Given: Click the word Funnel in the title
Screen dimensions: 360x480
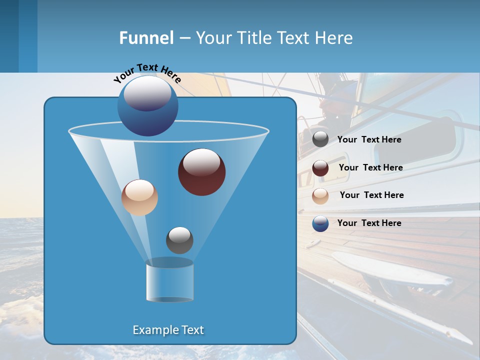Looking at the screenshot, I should tap(146, 38).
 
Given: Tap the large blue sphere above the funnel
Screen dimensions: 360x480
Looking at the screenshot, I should tap(147, 105).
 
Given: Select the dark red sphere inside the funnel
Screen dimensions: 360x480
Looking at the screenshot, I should tap(201, 171).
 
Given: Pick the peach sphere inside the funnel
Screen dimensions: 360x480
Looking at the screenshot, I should tap(139, 197).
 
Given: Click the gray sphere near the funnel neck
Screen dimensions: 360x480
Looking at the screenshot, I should tap(179, 240).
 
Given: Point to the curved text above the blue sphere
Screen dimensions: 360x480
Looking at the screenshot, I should tap(147, 72).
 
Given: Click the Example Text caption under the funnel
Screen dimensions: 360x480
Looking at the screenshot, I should tap(168, 330).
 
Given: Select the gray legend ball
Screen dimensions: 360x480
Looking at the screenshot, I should tap(320, 139).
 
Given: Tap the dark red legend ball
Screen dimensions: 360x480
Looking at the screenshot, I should tap(320, 168).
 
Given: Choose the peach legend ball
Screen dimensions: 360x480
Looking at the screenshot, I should tap(320, 196).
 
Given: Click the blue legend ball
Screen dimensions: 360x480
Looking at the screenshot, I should tap(320, 223).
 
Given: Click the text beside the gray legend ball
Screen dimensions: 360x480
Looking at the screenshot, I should tap(369, 140).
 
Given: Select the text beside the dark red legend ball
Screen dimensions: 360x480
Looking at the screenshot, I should tap(370, 167).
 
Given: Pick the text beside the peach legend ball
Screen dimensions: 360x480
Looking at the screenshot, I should tap(371, 195).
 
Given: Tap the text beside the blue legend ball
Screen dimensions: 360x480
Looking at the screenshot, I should tap(369, 223).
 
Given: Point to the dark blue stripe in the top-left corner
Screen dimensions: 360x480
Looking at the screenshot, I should tap(9, 36).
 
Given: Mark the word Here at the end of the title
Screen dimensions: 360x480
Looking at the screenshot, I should tap(334, 38).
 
